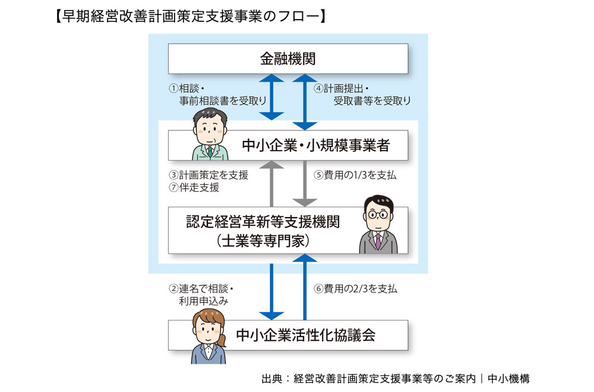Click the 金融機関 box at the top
288,58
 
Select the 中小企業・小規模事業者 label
315,146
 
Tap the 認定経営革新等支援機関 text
263,222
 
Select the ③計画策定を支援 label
208,175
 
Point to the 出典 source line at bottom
395,378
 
